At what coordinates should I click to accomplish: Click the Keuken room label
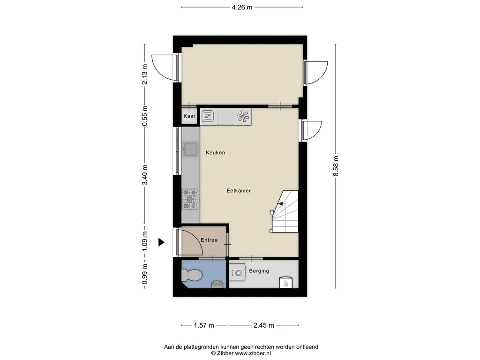(x=215, y=152)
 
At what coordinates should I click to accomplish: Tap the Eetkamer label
(x=239, y=190)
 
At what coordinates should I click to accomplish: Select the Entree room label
(x=209, y=240)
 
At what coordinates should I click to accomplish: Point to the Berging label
(x=259, y=271)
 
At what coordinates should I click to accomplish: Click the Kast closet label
(x=189, y=116)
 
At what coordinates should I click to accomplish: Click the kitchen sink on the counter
(x=190, y=149)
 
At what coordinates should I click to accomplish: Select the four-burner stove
(x=190, y=199)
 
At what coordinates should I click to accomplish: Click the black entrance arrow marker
(x=161, y=242)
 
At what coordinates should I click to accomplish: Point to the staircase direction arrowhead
(x=280, y=203)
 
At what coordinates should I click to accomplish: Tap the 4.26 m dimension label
(x=242, y=7)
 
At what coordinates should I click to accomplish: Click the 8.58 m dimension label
(x=336, y=166)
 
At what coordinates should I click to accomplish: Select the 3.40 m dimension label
(x=145, y=174)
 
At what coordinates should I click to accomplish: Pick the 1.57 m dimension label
(x=204, y=325)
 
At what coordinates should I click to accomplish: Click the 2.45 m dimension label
(x=263, y=325)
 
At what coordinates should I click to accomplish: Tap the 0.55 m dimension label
(x=145, y=115)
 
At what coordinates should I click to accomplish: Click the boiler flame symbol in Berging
(x=285, y=283)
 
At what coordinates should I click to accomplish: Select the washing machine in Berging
(x=237, y=272)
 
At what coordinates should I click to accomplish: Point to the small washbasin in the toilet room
(x=217, y=285)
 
